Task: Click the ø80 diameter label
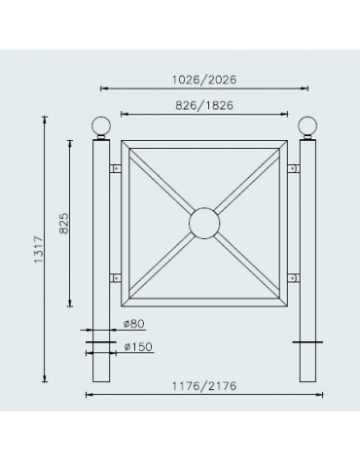pos(135,322)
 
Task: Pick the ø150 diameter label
pos(138,345)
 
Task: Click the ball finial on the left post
pos(99,127)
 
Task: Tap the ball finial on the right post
pos(307,127)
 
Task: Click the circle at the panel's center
pos(203,224)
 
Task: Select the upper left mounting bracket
pos(115,168)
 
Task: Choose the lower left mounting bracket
pos(115,278)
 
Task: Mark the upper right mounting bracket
pos(293,168)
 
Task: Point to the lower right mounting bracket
pos(293,278)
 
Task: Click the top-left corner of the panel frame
pos(123,143)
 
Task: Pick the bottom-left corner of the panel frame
pos(123,304)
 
